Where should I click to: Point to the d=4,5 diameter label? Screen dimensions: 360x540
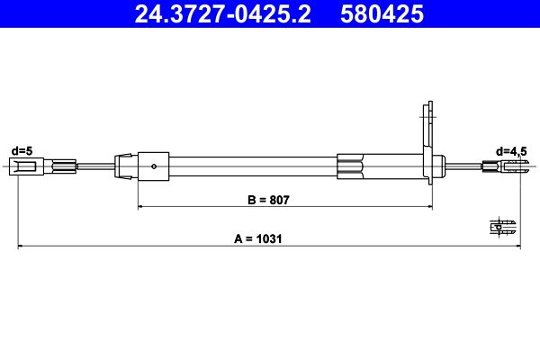(x=512, y=150)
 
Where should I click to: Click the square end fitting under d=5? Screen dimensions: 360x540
(x=20, y=166)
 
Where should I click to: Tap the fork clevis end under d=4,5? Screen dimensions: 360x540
(x=510, y=166)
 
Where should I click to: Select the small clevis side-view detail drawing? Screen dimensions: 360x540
(x=503, y=226)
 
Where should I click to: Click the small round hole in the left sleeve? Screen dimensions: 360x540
(x=157, y=166)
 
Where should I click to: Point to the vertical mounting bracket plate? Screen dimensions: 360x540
(x=427, y=144)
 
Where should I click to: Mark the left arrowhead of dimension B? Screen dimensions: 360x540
(x=141, y=207)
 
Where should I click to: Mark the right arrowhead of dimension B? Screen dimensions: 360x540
(x=423, y=207)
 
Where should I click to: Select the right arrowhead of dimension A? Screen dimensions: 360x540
(x=518, y=246)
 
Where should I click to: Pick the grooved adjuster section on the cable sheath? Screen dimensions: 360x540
(x=351, y=166)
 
